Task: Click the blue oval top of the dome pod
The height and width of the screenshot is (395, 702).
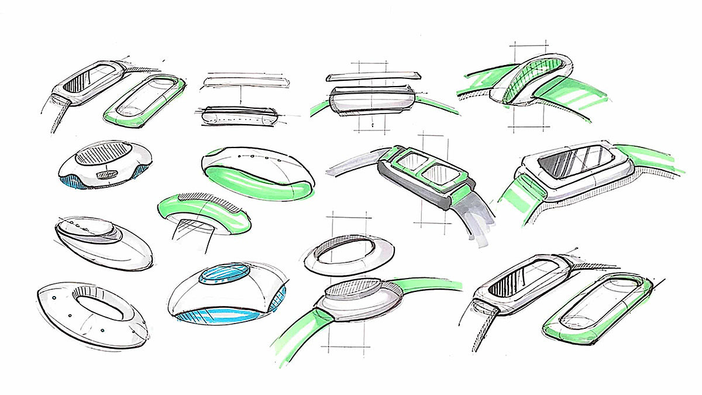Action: (223, 274)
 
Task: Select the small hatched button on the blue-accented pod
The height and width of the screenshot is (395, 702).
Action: (107, 174)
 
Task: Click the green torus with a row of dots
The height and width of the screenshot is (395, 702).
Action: (257, 176)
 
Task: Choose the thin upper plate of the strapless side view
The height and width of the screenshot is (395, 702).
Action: (246, 82)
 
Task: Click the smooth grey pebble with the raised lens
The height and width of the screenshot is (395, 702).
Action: (103, 243)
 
